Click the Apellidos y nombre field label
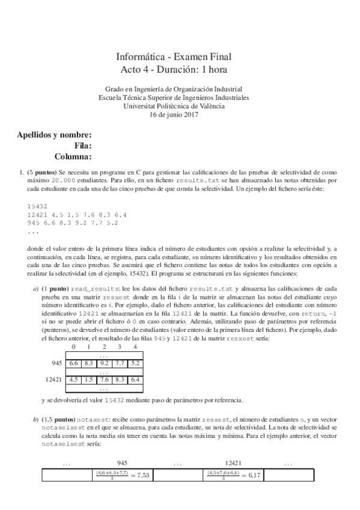(x=55, y=134)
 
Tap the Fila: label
(x=82, y=146)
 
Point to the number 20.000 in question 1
(x=64, y=180)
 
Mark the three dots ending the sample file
(x=33, y=231)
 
